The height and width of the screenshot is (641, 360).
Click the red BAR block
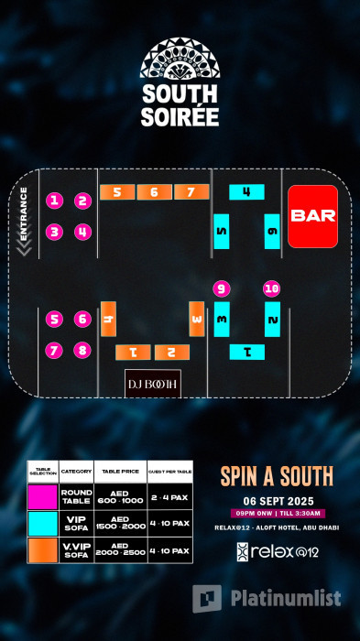312,216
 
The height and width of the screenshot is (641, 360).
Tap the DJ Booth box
153,382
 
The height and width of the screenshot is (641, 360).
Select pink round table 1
55,201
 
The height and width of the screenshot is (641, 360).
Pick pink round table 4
82,232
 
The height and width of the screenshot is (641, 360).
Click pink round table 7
55,350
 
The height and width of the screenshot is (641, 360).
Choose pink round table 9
221,288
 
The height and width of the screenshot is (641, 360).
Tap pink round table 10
271,288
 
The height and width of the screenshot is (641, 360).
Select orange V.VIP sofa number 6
154,192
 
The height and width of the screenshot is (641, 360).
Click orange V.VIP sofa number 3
197,319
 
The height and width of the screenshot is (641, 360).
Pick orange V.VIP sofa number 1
133,352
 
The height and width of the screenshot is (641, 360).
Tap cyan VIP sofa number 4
246,192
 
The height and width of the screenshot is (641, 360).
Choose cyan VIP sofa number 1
246,352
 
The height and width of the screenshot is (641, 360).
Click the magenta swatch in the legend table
42,497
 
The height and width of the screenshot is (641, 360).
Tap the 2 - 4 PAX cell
169,497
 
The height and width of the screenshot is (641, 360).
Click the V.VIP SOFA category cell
77,549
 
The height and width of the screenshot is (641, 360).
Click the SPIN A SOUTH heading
276,476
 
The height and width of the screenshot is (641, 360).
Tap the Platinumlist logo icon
208,598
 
